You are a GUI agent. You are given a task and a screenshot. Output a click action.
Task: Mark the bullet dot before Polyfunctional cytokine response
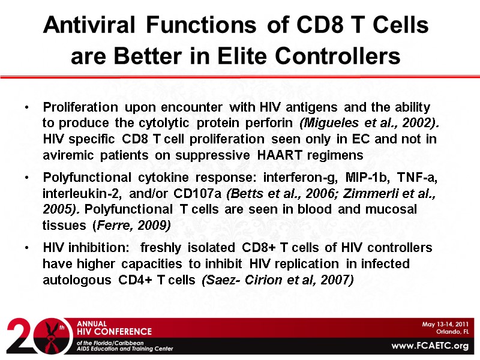[27, 179]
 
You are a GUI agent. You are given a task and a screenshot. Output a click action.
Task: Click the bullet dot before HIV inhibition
[27, 248]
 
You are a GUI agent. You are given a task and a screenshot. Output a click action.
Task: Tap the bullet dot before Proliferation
[27, 108]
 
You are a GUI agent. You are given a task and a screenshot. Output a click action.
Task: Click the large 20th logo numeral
[33, 336]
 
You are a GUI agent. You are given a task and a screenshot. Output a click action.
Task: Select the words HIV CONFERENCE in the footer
[114, 331]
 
